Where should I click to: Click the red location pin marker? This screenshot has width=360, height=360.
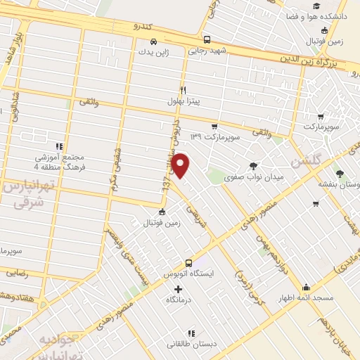point(181,165)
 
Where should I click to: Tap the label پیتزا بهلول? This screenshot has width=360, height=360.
point(184,101)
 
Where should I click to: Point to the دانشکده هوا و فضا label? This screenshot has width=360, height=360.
point(323,15)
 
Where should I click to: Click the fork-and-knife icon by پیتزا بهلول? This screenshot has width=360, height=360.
point(183,89)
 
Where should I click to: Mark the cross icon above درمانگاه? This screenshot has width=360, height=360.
point(179,289)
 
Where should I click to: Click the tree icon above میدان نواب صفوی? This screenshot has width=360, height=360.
point(253,165)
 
